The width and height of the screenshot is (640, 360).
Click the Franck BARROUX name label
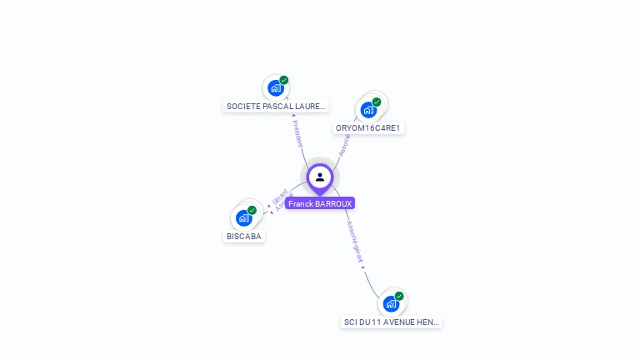[x=320, y=203]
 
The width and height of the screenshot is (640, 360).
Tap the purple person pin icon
[x=320, y=177]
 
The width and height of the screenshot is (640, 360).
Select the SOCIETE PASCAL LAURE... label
[x=276, y=107]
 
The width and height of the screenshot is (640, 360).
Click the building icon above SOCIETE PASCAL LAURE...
[x=275, y=88]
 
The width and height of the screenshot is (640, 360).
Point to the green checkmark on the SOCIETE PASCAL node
[x=284, y=80]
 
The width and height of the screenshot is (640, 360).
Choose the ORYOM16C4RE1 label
[x=367, y=128]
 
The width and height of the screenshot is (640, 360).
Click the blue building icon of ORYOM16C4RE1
[x=367, y=110]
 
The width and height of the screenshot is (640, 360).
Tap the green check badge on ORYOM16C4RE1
[x=377, y=102]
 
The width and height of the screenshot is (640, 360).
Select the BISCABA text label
[x=243, y=237]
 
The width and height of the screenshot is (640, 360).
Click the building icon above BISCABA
[x=243, y=218]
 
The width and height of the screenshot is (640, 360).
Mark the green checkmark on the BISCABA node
[x=252, y=210]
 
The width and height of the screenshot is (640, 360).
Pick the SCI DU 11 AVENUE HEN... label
[x=391, y=322]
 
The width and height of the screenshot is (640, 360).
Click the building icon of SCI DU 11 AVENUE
[x=390, y=303]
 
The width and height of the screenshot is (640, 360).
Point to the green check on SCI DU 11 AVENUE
[x=399, y=296]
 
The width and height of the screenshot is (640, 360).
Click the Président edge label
[x=297, y=133]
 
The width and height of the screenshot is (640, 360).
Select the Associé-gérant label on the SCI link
[x=355, y=242]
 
